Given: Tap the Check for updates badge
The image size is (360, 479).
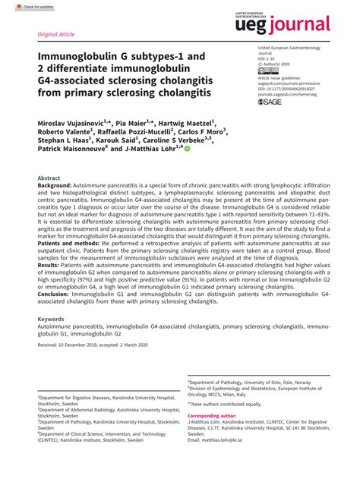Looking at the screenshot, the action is tap(23, 6).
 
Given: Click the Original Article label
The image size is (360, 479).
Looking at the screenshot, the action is tap(55, 35).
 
